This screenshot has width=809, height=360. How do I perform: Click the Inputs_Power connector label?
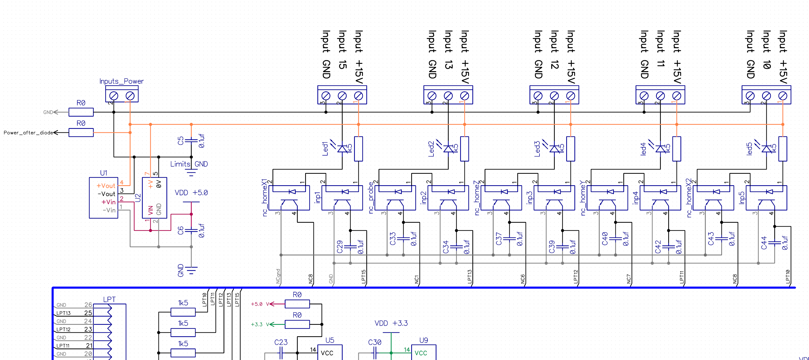pos(121,81)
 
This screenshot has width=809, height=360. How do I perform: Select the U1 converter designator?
pos(103,173)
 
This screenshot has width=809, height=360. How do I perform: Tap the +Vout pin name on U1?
pos(106,186)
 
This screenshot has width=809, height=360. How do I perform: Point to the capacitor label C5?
pos(181,141)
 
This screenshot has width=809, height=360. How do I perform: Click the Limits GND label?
pos(189,164)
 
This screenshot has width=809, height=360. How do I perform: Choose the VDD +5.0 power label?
pos(191,192)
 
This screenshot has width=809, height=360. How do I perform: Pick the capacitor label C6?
pos(181,231)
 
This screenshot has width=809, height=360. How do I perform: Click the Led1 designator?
pos(325,149)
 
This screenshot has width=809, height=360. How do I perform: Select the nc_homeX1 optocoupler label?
pos(265,197)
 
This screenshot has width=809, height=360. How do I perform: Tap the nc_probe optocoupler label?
pos(371,197)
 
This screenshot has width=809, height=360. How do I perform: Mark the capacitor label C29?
pos(339,247)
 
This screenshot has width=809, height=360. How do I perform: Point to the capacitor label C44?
pos(764,243)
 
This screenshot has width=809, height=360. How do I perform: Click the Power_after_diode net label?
pos(28,133)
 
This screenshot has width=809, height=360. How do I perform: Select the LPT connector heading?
pos(109,299)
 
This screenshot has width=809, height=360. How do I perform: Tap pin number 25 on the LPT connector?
pos(88,313)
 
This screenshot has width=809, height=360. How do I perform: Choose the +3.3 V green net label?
pos(260,325)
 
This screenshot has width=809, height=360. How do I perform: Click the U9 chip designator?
pos(423,340)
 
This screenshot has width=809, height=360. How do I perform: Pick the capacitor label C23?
pos(281,342)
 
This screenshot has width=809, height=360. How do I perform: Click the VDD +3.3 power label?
pos(391,323)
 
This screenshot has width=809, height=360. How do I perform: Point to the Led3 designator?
pos(537,149)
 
